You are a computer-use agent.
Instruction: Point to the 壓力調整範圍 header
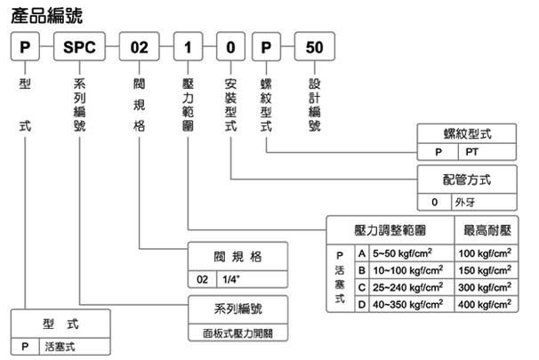coord(390,229)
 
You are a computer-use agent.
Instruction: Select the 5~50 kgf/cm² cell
coord(406,253)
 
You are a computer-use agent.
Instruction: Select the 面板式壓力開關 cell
coord(237,335)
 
